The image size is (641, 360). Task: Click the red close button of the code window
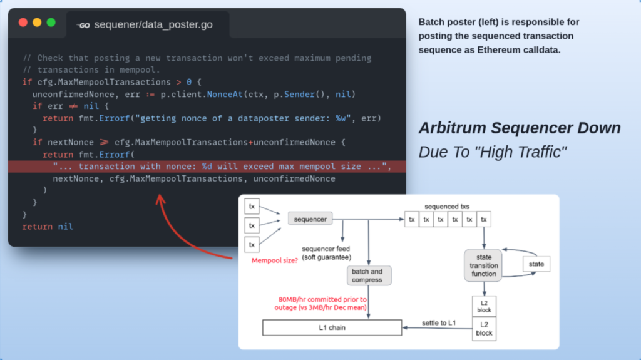[23, 23]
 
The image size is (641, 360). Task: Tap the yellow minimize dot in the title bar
[37, 23]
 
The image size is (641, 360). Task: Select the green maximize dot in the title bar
[51, 23]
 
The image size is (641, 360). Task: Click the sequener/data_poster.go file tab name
[153, 25]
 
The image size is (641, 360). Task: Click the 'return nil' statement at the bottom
[48, 226]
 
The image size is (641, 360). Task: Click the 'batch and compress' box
[369, 275]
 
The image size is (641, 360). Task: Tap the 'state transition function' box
[483, 265]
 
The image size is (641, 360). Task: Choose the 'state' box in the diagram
[536, 264]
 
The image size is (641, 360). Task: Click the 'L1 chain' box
[332, 327]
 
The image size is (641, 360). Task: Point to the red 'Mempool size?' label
[274, 260]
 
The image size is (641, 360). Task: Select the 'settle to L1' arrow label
[438, 323]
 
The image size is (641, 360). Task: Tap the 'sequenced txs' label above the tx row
[447, 206]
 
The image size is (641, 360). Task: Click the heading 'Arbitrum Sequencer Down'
[520, 128]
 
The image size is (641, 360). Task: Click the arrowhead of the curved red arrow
[159, 199]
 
